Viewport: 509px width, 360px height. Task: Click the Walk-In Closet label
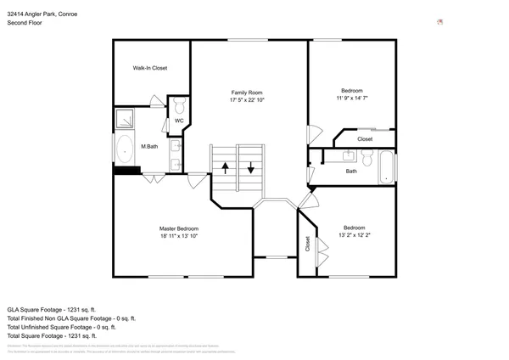tap(149, 68)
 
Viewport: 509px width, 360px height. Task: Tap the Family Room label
tap(248, 92)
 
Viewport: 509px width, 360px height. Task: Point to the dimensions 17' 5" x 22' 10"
tap(248, 100)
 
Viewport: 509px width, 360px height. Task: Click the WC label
tap(179, 121)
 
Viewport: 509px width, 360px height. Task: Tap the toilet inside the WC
tap(180, 105)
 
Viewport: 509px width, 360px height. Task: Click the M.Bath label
tap(149, 147)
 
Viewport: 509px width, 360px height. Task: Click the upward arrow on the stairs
tap(225, 166)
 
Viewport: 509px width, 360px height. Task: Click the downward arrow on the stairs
tap(252, 166)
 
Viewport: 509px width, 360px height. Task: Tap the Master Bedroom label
tap(179, 228)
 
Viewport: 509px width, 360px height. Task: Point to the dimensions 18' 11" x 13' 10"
tap(179, 237)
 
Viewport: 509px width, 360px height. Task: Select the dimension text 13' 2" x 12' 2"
tap(355, 235)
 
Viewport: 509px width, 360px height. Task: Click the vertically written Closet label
tap(307, 245)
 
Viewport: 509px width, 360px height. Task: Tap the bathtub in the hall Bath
tap(386, 166)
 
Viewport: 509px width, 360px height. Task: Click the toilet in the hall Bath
tap(367, 158)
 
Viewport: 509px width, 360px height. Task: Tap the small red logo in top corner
tap(439, 22)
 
